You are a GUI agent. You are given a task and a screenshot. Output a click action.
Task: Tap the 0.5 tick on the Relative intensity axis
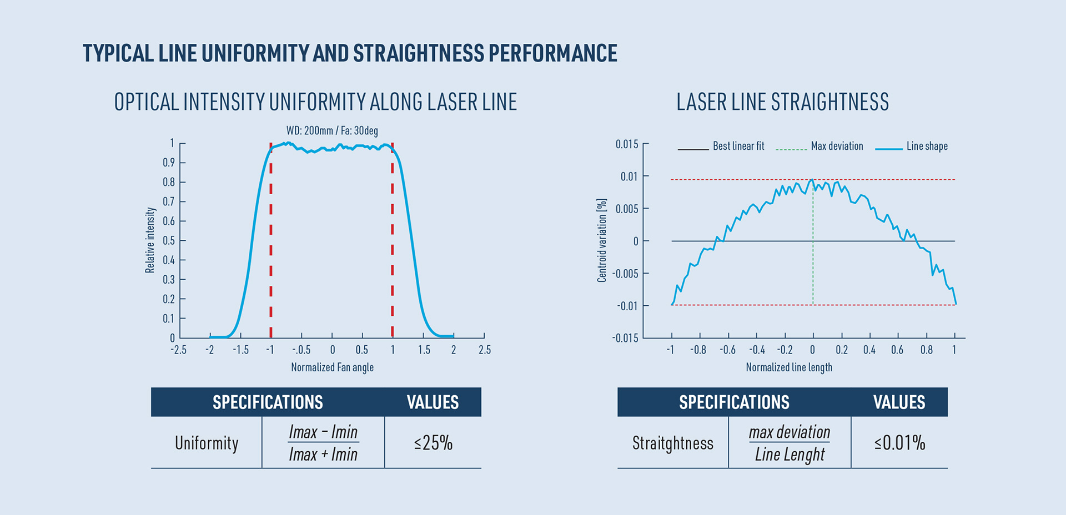click(169, 241)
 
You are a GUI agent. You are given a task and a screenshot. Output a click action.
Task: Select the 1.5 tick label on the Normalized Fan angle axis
click(424, 350)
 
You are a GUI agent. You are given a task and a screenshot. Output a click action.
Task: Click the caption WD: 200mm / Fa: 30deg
click(332, 131)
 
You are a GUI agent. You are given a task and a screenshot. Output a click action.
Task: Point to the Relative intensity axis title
click(150, 240)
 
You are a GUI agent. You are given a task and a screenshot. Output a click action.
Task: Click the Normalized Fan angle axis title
click(332, 367)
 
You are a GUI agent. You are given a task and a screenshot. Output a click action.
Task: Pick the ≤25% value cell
click(433, 443)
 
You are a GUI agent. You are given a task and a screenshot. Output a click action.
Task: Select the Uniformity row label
click(207, 443)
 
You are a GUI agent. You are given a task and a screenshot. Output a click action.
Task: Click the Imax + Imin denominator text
click(323, 455)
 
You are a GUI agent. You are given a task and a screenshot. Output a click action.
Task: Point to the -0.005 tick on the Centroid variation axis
click(625, 274)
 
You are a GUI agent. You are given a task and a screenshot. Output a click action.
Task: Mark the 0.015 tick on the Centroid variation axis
click(627, 144)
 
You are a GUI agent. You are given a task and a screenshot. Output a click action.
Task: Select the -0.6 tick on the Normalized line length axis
click(727, 350)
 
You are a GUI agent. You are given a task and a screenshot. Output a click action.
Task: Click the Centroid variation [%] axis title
click(602, 240)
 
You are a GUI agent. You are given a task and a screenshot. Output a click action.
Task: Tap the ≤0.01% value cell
click(899, 443)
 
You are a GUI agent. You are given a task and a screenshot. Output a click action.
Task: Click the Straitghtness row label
click(673, 443)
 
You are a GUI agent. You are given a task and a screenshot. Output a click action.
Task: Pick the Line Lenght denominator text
click(790, 455)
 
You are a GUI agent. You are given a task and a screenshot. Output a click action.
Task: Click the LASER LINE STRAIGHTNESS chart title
click(782, 102)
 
